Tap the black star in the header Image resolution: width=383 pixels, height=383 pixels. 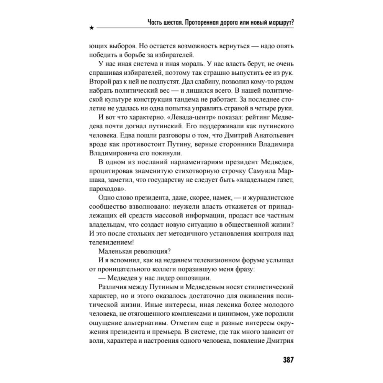point(91,28)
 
